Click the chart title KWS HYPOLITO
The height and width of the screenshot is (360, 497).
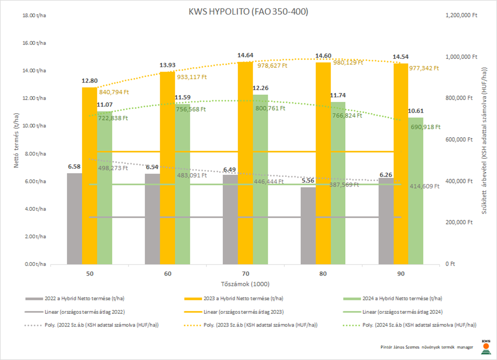[248, 12]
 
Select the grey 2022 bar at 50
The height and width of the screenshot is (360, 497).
[74, 219]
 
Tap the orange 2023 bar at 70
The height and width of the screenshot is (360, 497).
[245, 163]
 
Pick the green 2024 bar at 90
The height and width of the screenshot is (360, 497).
[416, 191]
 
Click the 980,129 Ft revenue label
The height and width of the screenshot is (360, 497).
[347, 62]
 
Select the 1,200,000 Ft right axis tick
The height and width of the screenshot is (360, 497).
[461, 16]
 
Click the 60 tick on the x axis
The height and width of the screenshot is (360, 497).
[167, 274]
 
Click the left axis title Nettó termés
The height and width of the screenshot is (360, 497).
[17, 139]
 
